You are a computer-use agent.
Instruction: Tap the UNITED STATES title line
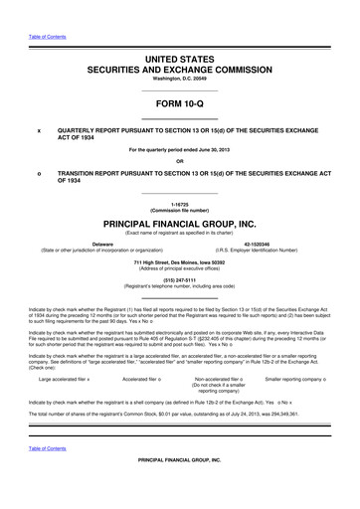tap(180, 62)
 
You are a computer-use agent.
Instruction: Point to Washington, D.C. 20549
tap(180, 83)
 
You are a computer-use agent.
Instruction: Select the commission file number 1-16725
tap(180, 203)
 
